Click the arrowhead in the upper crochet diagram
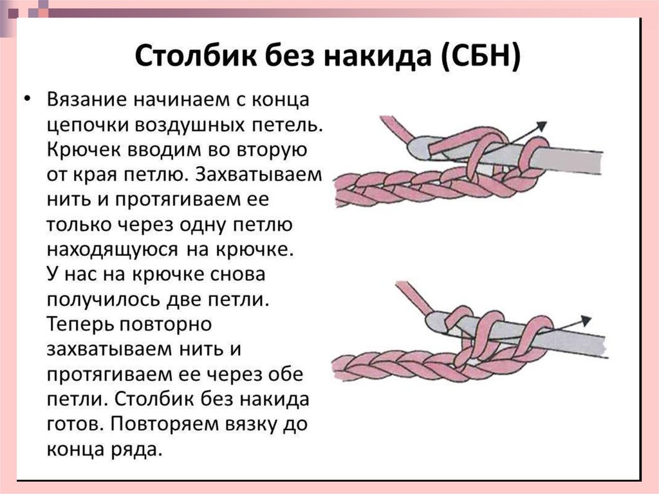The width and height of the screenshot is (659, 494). [541, 125]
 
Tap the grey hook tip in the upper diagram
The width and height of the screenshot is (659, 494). [417, 147]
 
